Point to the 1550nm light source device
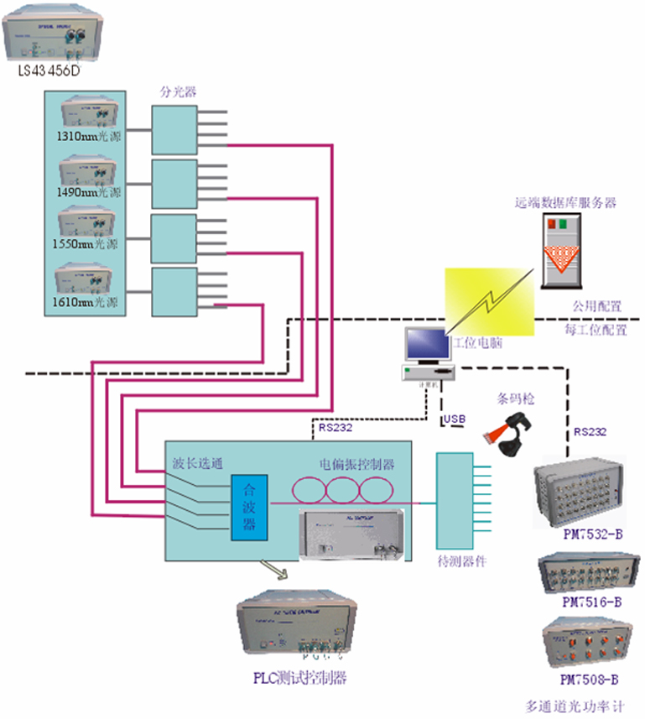tap(88, 223)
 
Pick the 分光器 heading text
tap(173, 90)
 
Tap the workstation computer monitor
tap(427, 346)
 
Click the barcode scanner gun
tap(504, 435)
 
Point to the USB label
tap(454, 418)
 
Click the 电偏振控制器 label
tap(356, 464)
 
